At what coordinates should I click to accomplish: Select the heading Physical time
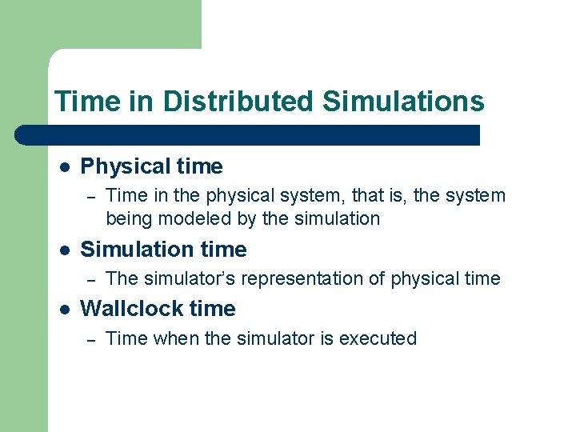point(152,166)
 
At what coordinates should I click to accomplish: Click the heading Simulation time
point(164,250)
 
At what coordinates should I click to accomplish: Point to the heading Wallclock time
point(158,309)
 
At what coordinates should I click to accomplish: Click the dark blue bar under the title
point(248,134)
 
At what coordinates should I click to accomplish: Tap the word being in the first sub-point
point(129,218)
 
